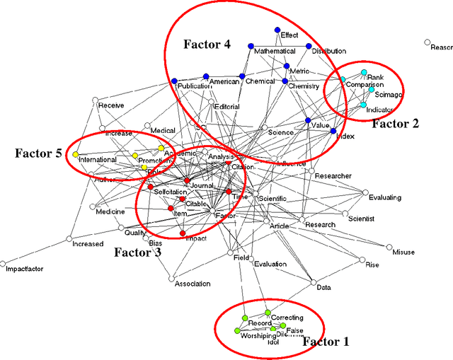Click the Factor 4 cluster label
click(207, 45)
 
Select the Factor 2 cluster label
click(395, 124)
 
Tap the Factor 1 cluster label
click(326, 342)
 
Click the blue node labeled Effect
click(277, 30)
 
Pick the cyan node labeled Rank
click(364, 72)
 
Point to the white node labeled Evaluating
click(365, 192)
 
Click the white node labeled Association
click(171, 279)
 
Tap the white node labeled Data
click(314, 283)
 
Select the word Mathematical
click(275, 52)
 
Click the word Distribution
click(328, 52)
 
